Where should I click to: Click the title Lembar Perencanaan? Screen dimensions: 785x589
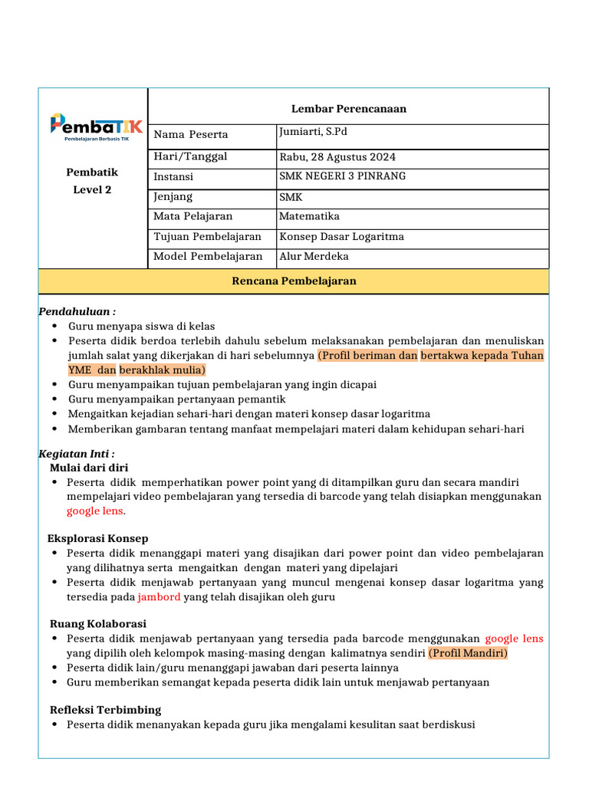pos(349,109)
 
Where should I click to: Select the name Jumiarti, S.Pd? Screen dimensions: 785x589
pos(313,133)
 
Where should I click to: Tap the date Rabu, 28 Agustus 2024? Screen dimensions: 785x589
pos(337,158)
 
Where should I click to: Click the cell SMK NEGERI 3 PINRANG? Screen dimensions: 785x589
pos(343,176)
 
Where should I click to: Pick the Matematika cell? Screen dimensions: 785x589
pos(309,217)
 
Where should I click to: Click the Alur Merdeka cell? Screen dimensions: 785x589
pos(314,257)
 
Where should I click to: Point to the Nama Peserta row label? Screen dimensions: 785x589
pos(191,135)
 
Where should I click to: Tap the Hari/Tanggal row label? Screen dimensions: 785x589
pos(191,157)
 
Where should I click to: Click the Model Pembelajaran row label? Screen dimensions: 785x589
pos(208,257)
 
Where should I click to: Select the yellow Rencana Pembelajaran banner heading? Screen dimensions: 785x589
pos(294,281)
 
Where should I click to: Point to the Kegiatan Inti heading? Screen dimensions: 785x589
pos(77,454)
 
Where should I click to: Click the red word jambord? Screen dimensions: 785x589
pos(160,596)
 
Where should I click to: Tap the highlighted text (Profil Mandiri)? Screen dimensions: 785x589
pos(468,653)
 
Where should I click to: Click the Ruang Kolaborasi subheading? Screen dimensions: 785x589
pos(97,624)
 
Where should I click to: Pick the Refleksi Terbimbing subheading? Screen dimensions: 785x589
pos(105,710)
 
